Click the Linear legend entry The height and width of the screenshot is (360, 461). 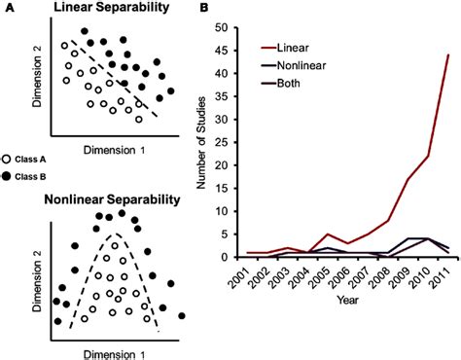[285, 48]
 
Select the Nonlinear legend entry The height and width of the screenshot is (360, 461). [294, 65]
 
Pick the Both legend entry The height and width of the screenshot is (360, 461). [281, 84]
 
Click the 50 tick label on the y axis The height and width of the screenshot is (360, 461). [223, 27]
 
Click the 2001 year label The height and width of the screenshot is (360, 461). [240, 277]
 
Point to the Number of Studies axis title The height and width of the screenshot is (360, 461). [201, 143]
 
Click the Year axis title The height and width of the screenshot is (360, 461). [348, 300]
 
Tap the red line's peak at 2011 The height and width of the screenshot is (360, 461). [448, 54]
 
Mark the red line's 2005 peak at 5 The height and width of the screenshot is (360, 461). [328, 234]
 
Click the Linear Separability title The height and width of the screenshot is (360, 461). [111, 8]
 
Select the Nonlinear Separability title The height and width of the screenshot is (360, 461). [112, 199]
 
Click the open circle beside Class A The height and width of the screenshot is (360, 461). [7, 160]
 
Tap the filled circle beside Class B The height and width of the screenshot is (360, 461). [7, 176]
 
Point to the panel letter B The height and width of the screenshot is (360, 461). [204, 8]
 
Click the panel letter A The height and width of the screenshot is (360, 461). [10, 8]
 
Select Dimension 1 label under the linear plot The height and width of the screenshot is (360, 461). [115, 151]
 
